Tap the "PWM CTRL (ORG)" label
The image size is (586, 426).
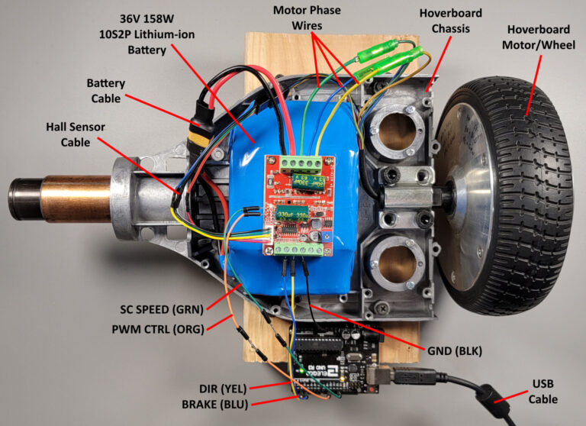(x=156, y=329)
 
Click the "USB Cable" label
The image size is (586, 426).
(x=541, y=392)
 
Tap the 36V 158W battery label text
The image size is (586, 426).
(x=144, y=35)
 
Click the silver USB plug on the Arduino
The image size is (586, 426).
(x=382, y=375)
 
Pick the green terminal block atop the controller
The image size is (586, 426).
(x=301, y=163)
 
